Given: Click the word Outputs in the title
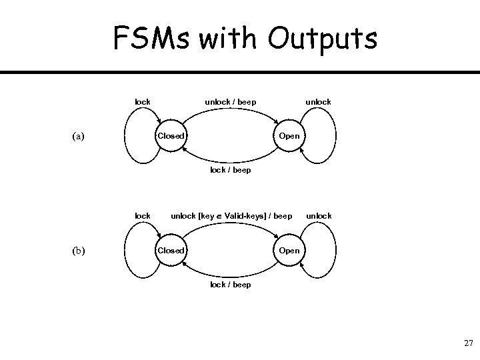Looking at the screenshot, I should pyautogui.click(x=322, y=39).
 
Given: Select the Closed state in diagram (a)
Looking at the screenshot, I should pyautogui.click(x=170, y=136).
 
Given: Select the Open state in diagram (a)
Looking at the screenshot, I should pyautogui.click(x=289, y=136).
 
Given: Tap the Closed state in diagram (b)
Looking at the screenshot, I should pyautogui.click(x=170, y=251).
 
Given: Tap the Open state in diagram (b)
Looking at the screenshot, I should pyautogui.click(x=289, y=251).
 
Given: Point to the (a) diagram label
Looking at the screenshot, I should pyautogui.click(x=79, y=137).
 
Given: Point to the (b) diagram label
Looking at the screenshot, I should pyautogui.click(x=79, y=251).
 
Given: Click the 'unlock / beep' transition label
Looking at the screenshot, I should pyautogui.click(x=230, y=102).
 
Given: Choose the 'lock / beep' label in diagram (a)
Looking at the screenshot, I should pyautogui.click(x=230, y=170).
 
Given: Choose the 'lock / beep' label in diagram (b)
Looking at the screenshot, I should pyautogui.click(x=230, y=285).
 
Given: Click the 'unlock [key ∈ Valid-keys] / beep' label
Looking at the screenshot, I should pyautogui.click(x=231, y=216).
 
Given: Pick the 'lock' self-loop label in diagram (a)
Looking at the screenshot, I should pyautogui.click(x=143, y=102).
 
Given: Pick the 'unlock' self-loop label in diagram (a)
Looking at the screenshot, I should pyautogui.click(x=318, y=102).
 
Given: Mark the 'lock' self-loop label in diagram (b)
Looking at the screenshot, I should pyautogui.click(x=143, y=216).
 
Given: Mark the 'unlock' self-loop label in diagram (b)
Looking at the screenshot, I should pyautogui.click(x=318, y=216).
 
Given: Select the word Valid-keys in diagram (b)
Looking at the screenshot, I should pyautogui.click(x=244, y=216).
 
